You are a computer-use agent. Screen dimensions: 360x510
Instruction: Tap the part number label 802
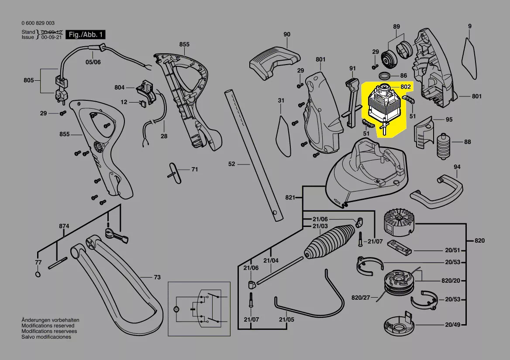pos(406,87)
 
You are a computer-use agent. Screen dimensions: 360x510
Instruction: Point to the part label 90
pos(286,34)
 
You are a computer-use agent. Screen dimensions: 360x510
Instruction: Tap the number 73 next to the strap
pos(157,277)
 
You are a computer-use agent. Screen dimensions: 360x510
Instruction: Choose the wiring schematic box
pos(199,309)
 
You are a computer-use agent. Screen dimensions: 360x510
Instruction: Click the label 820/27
pos(361,298)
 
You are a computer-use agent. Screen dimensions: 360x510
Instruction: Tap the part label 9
pos(470,26)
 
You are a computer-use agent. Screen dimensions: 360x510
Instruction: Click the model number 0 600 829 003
pos(38,23)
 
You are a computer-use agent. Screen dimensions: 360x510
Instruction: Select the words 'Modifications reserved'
pos(48,326)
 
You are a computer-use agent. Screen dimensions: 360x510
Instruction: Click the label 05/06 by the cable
pos(93,62)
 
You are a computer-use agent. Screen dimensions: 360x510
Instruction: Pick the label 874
pos(64,226)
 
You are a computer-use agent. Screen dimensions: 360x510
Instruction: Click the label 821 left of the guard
pos(290,198)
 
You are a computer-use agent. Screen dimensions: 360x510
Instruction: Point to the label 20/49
pos(453,325)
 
